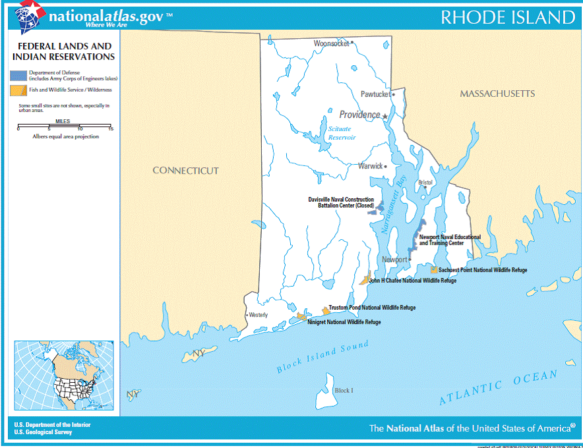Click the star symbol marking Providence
point(384,116)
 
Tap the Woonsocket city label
point(331,43)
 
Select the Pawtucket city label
point(375,94)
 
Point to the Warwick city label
point(370,166)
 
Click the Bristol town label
point(425,182)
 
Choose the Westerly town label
point(258,315)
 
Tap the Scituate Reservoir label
point(342,133)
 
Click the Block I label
point(344,391)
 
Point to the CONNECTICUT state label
point(185,171)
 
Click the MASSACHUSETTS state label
point(497,94)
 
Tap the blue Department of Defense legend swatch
point(15,75)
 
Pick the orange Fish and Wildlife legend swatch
point(15,90)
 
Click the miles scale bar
point(65,126)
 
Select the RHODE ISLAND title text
point(507,17)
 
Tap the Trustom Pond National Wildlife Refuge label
point(372,308)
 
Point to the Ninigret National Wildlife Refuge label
point(344,322)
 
